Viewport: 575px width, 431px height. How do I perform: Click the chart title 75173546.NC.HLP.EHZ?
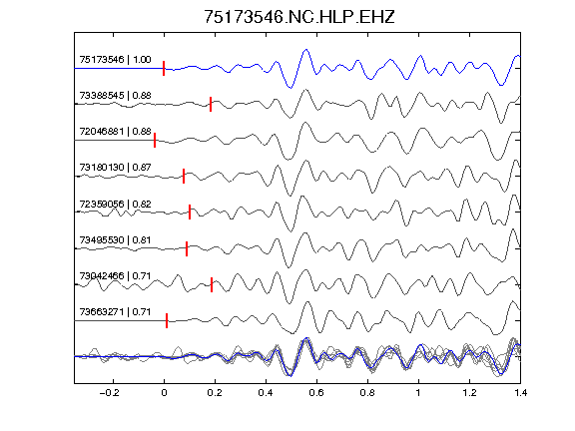pyautogui.click(x=298, y=17)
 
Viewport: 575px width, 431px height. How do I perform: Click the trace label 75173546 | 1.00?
pyautogui.click(x=115, y=60)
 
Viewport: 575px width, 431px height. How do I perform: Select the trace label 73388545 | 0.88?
pyautogui.click(x=115, y=96)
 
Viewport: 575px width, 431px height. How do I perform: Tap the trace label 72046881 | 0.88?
pyautogui.click(x=115, y=132)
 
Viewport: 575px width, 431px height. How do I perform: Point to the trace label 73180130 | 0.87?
pyautogui.click(x=115, y=168)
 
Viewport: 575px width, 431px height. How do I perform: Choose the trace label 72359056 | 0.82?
pyautogui.click(x=115, y=204)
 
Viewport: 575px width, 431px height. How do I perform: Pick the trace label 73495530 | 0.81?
pyautogui.click(x=115, y=240)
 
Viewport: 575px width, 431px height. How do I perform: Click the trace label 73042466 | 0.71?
pyautogui.click(x=115, y=275)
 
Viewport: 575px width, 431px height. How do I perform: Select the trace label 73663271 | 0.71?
pyautogui.click(x=115, y=312)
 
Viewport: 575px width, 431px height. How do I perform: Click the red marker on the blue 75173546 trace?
pyautogui.click(x=164, y=69)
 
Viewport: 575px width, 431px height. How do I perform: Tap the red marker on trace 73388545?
pyautogui.click(x=211, y=104)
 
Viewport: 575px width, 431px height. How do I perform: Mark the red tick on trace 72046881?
pyautogui.click(x=155, y=140)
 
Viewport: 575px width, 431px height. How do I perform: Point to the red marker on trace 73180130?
pyautogui.click(x=184, y=176)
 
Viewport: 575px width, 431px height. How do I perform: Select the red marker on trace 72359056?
pyautogui.click(x=190, y=212)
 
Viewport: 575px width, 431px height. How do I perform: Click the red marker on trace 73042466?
pyautogui.click(x=212, y=284)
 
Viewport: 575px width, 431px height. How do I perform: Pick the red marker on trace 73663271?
pyautogui.click(x=167, y=320)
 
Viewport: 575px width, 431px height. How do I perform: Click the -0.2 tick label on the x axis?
pyautogui.click(x=109, y=393)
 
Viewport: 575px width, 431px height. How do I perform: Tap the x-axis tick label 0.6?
pyautogui.click(x=316, y=393)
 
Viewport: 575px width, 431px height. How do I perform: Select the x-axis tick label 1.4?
pyautogui.click(x=520, y=393)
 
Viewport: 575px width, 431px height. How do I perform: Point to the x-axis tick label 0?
pyautogui.click(x=164, y=393)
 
